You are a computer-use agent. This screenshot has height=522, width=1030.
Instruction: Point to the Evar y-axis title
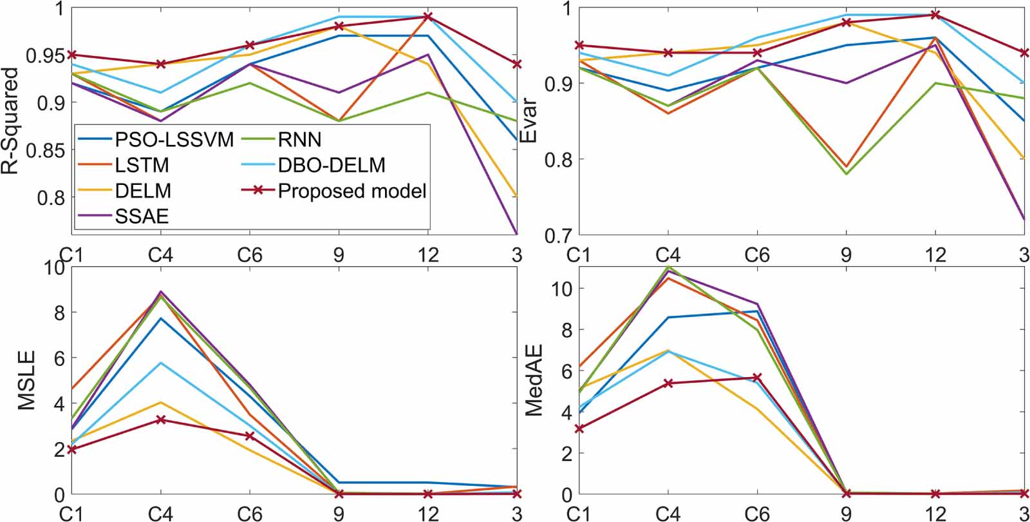[x=528, y=121]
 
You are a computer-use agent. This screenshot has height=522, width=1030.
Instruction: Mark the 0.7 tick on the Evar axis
[x=556, y=235]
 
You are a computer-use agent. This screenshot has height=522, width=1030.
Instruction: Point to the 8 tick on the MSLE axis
[x=59, y=313]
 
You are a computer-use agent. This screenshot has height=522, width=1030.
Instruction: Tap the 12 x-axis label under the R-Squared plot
[x=427, y=255]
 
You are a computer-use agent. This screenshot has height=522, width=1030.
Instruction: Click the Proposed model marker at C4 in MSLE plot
[x=160, y=420]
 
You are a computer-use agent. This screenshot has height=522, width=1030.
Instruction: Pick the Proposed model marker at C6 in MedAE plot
[x=757, y=378]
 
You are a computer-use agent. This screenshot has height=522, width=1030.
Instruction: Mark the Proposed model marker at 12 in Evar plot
[x=935, y=15]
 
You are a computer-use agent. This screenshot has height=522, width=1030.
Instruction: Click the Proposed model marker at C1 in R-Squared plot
[x=72, y=55]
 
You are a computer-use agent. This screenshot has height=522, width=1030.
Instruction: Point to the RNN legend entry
[x=299, y=139]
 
